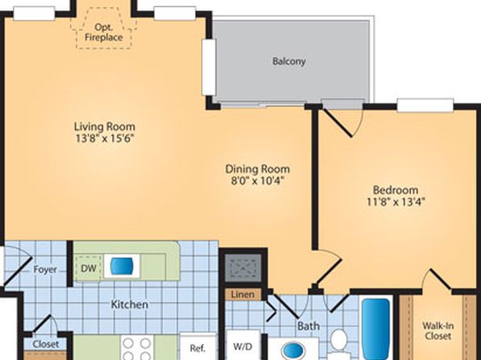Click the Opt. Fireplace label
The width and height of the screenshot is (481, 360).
(x=103, y=32)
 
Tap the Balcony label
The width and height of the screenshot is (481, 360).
(x=289, y=61)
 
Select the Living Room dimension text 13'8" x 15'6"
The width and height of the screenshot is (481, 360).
(x=105, y=139)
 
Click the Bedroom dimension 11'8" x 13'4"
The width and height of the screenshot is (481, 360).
(x=395, y=202)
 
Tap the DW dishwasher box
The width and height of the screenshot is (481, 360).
(x=88, y=268)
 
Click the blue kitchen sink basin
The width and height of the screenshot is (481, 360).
(x=122, y=266)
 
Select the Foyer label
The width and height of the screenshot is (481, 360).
(x=45, y=270)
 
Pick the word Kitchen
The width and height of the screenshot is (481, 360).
(x=129, y=304)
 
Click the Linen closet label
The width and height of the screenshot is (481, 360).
(x=243, y=295)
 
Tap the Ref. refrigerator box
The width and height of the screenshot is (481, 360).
(x=198, y=347)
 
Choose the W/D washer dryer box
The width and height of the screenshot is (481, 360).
(x=243, y=345)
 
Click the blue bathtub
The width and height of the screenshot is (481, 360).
(x=376, y=329)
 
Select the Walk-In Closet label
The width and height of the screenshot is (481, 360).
(x=437, y=330)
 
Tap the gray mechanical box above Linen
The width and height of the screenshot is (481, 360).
(x=243, y=268)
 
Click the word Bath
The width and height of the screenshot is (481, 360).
(x=308, y=326)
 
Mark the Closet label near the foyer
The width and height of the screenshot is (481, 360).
(x=46, y=345)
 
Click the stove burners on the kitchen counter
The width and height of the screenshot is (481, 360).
(x=137, y=349)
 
